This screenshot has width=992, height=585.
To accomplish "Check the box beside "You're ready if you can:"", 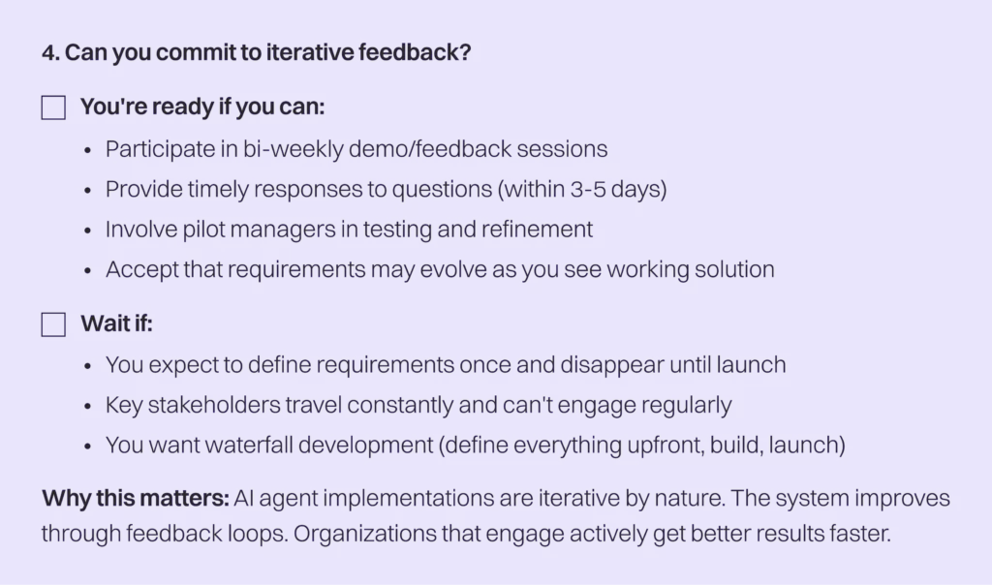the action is coord(53,108).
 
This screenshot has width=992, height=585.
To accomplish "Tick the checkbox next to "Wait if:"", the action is coord(53,324).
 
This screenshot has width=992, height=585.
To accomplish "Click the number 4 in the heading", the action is coord(48,52).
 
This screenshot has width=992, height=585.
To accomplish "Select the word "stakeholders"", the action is coord(214,405).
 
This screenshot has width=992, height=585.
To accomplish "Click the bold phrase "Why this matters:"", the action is coord(136,499).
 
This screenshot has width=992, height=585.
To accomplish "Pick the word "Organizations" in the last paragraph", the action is coord(364,534).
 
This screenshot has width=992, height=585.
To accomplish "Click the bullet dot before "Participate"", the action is coord(87,150).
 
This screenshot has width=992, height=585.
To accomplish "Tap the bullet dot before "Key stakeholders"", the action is coord(87,406).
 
